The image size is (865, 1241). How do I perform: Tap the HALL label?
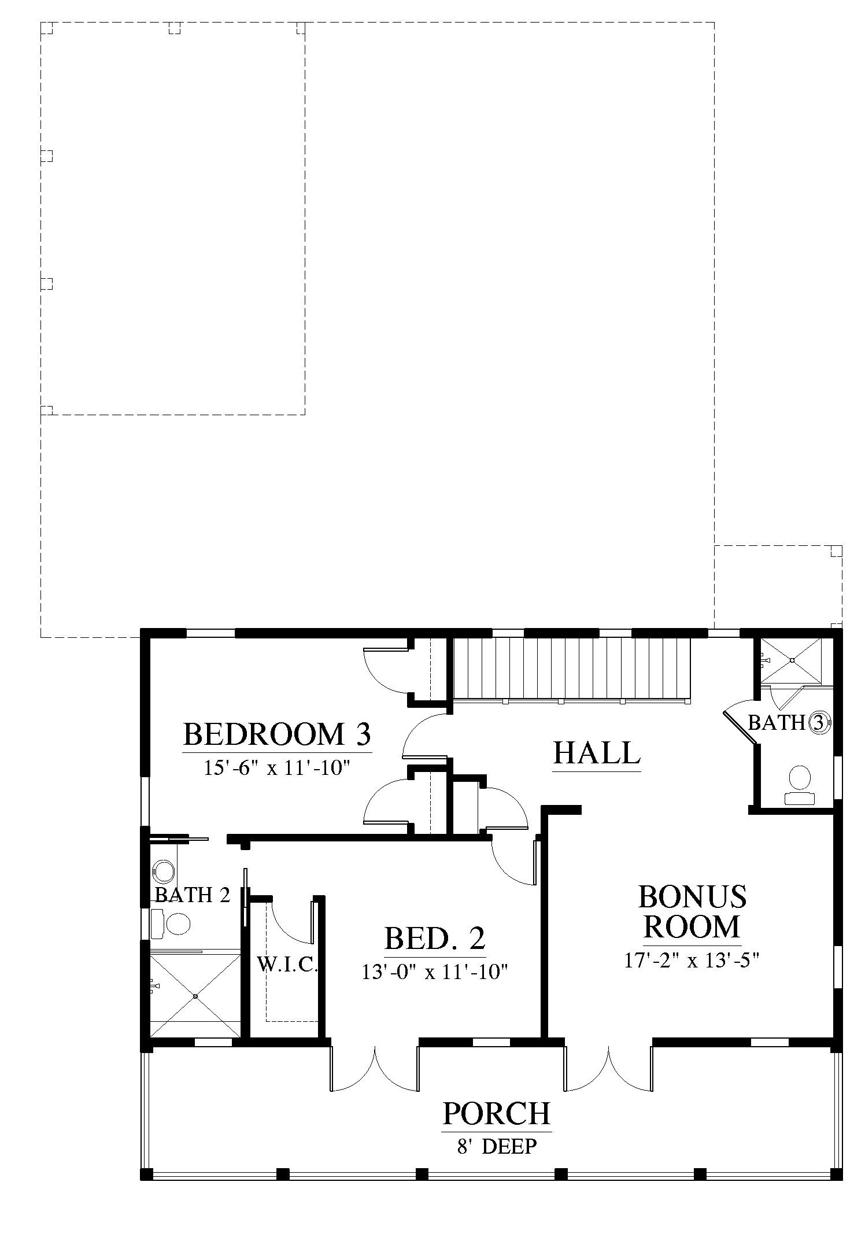click(x=597, y=753)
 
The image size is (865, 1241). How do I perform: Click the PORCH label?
click(x=497, y=1113)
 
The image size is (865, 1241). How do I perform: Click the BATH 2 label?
click(x=192, y=895)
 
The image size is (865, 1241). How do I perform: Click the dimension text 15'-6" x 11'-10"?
click(x=277, y=767)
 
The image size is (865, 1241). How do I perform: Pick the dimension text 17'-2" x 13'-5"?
click(x=692, y=960)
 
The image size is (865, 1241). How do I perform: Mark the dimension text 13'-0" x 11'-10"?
click(x=435, y=972)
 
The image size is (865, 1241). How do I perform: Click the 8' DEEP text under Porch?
click(x=497, y=1146)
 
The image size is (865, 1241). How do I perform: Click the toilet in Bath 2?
click(x=171, y=924)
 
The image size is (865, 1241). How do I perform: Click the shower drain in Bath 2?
click(x=195, y=996)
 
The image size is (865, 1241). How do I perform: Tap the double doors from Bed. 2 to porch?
click(x=375, y=1069)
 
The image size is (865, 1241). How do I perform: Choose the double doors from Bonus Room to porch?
click(x=609, y=1069)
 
